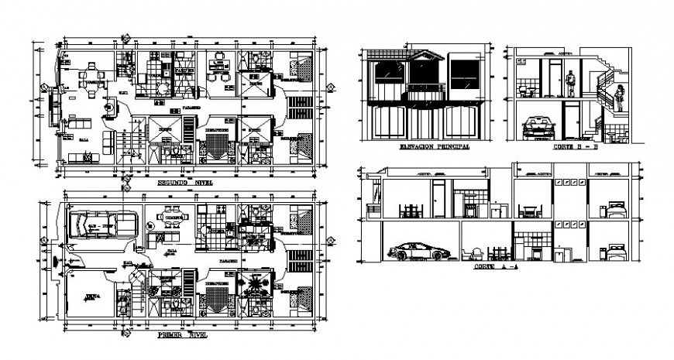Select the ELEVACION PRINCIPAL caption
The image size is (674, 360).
click(425, 146)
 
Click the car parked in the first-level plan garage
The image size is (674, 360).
click(100, 225)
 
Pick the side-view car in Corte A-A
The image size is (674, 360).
click(418, 252)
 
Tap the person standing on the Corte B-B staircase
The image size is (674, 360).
click(620, 98)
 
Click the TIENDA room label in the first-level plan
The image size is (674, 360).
click(91, 296)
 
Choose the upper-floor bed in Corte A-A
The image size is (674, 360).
click(616, 210)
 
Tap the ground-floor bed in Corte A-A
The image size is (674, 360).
click(616, 251)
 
